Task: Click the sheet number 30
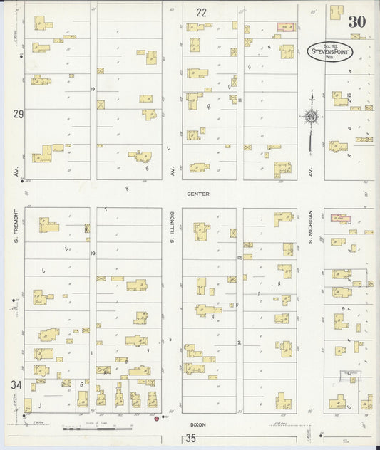(x=356, y=22)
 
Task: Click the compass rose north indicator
(x=311, y=117)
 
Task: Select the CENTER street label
(x=197, y=194)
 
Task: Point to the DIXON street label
(x=197, y=424)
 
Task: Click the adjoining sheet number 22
(x=202, y=12)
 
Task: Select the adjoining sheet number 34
(x=15, y=384)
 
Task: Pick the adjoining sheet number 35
(x=190, y=439)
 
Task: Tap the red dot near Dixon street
(x=156, y=419)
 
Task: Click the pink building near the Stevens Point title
(x=285, y=28)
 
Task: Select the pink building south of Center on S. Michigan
(x=340, y=219)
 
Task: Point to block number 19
(x=93, y=88)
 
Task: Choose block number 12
(x=240, y=257)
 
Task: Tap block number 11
(x=240, y=100)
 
